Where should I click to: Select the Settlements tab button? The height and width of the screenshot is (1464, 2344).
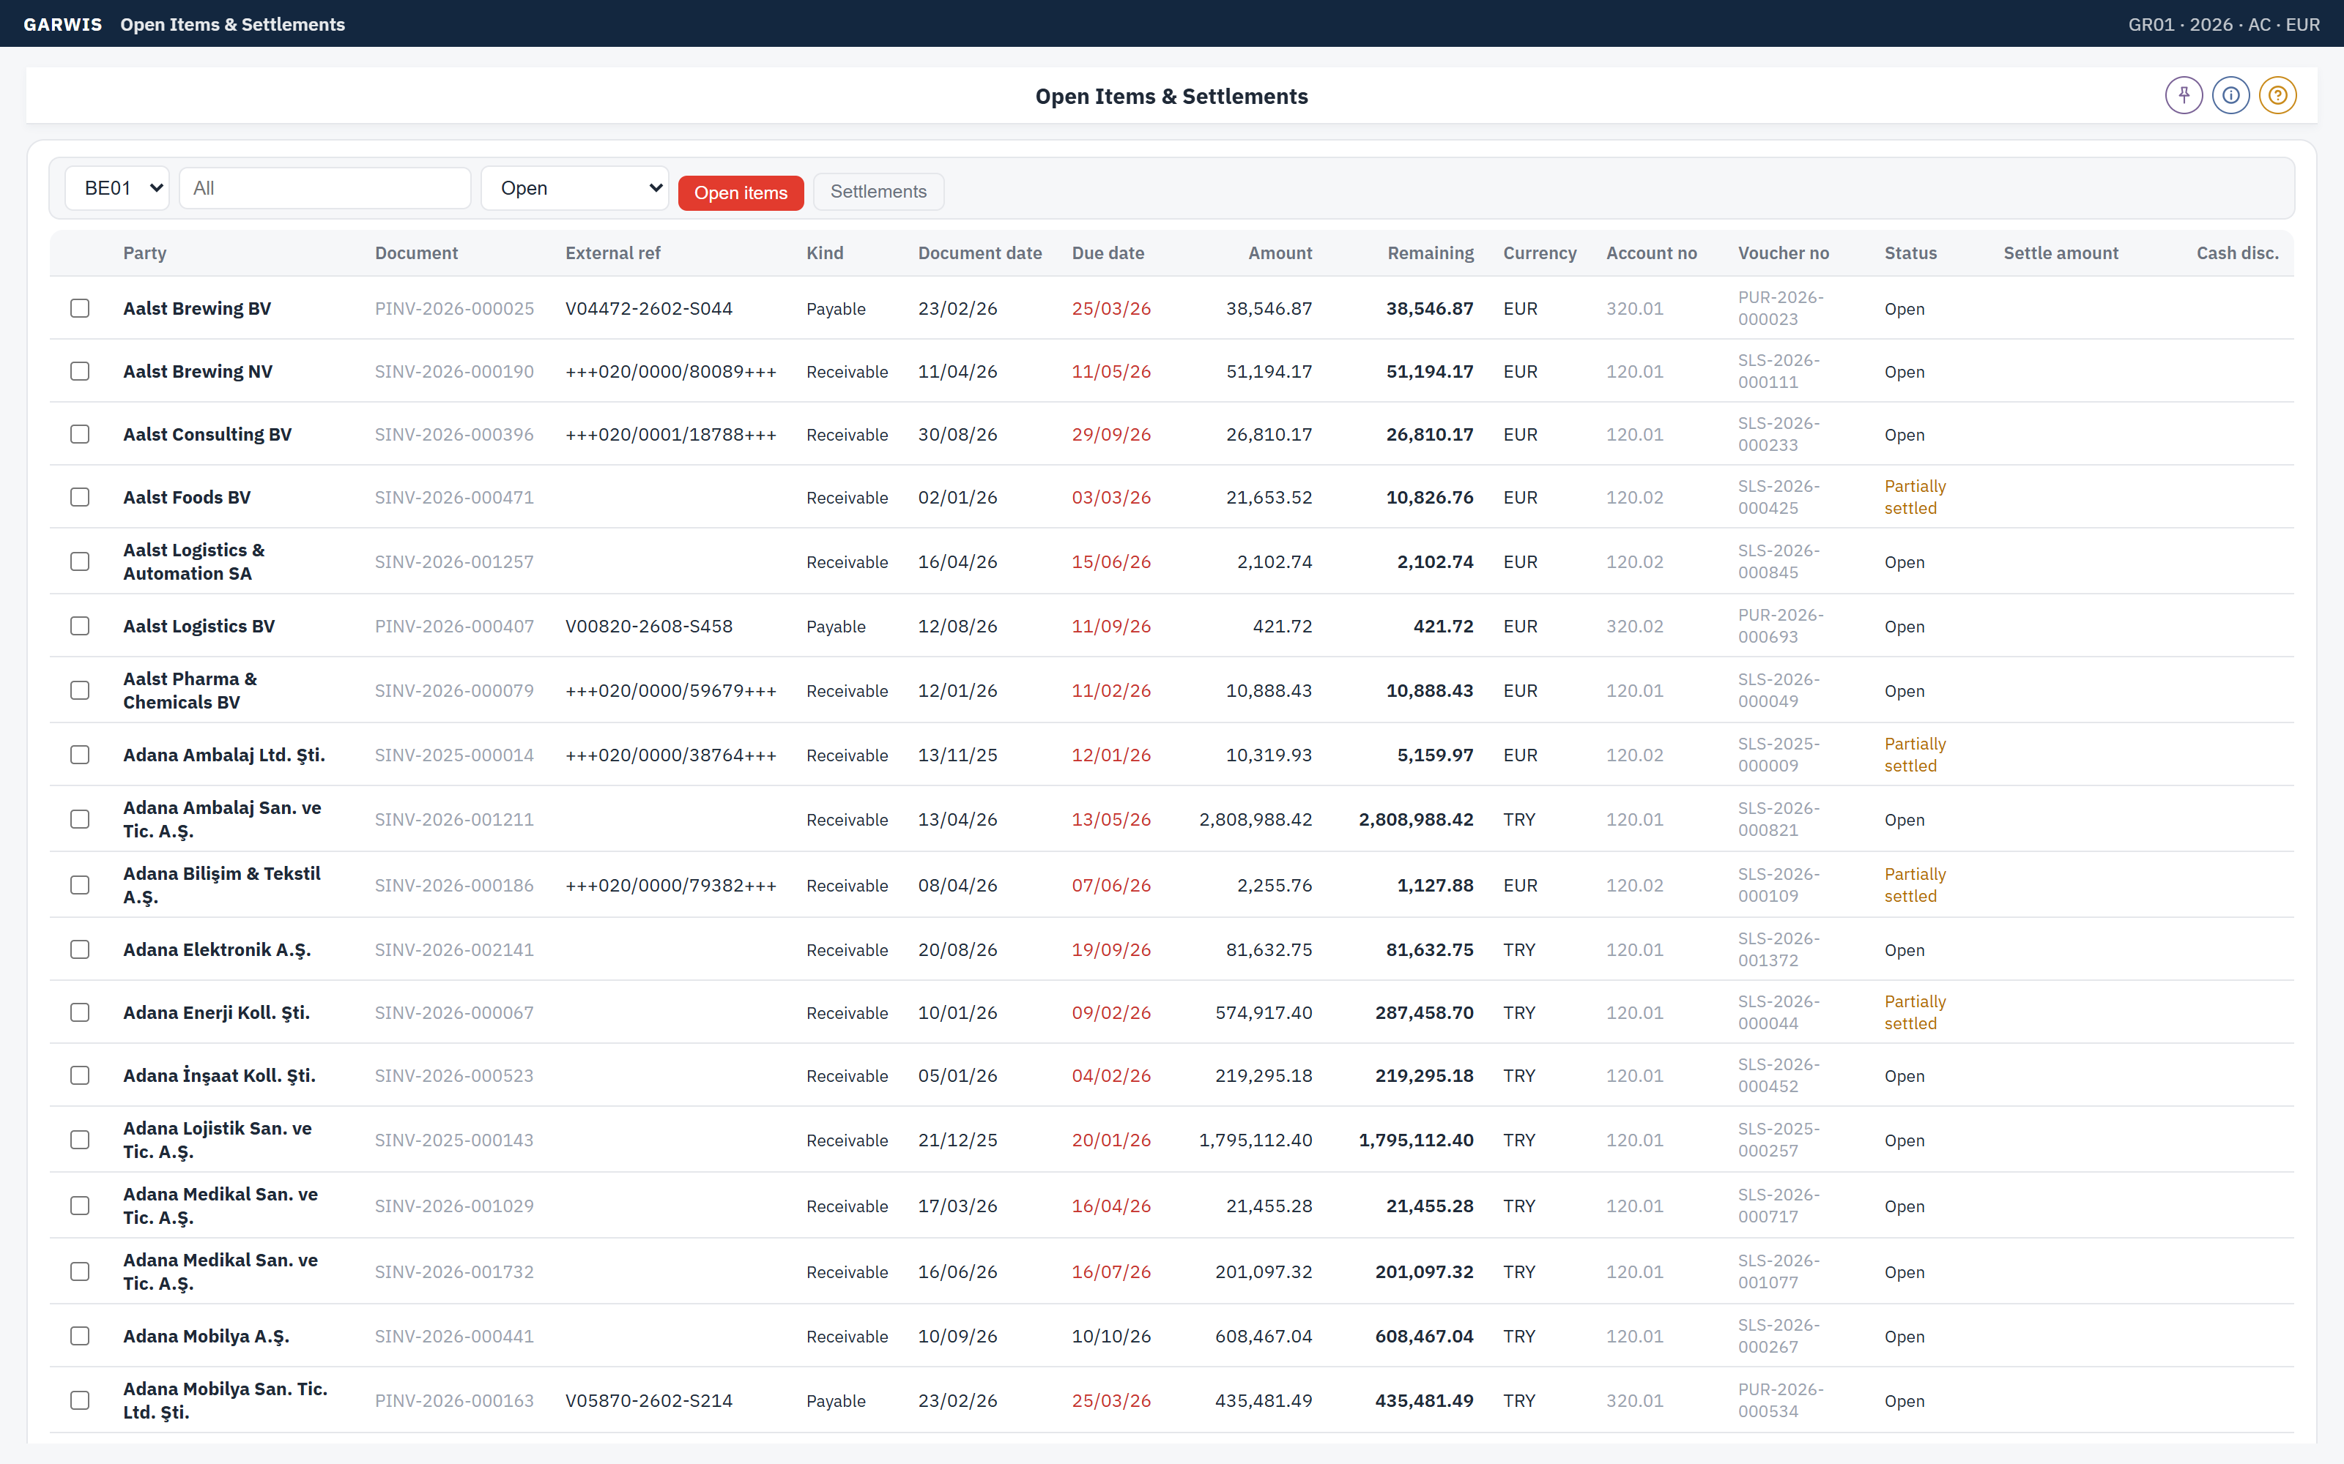click(878, 192)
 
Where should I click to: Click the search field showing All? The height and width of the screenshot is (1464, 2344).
click(325, 188)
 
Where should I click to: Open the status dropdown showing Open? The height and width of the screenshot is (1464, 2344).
click(575, 188)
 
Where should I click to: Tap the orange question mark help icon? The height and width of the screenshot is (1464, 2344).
click(2278, 95)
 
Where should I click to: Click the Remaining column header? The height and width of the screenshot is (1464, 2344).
click(1431, 253)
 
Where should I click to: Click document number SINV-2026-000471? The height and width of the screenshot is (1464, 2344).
click(454, 497)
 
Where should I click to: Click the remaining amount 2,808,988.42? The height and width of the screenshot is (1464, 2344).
click(1416, 819)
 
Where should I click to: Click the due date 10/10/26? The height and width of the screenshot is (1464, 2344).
click(1111, 1336)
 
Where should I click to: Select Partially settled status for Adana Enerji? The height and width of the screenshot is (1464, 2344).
click(1915, 1012)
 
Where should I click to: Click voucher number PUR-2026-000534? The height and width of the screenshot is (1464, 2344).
click(1780, 1400)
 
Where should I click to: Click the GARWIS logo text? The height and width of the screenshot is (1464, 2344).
click(63, 24)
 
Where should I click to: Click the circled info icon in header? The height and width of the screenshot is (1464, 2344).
click(2230, 95)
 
